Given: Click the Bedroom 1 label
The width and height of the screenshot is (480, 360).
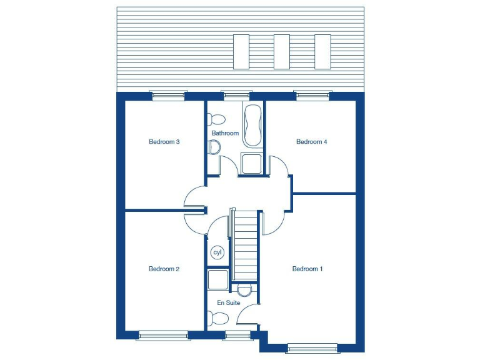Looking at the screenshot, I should tap(307, 269).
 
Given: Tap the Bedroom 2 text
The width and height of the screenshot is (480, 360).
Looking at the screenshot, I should tap(164, 269).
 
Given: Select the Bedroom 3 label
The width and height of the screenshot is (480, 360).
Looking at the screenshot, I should tap(164, 142).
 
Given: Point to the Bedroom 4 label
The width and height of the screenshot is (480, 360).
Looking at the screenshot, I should tap(311, 142).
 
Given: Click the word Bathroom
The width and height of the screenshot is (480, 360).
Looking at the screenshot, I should tap(225, 133).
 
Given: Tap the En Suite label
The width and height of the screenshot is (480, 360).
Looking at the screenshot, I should tap(228, 302).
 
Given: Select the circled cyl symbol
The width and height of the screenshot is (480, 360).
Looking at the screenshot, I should tap(217, 252).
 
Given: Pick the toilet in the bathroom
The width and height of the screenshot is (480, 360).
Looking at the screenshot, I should tap(217, 119).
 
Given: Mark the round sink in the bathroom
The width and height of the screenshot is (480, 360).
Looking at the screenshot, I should tap(214, 147).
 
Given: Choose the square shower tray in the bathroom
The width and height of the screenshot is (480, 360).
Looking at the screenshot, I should tap(252, 163).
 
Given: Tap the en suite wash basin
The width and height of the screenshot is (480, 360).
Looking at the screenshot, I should tap(244, 289).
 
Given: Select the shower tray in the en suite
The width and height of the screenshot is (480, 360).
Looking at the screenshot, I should tap(218, 280).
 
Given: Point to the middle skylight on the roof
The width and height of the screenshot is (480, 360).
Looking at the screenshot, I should tap(282, 51).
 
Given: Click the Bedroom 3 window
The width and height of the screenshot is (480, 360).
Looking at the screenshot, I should tap(169, 96).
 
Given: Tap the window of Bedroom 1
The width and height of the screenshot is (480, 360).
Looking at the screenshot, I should tap(312, 348).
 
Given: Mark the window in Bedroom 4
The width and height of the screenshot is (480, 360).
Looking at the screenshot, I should tap(313, 96).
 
